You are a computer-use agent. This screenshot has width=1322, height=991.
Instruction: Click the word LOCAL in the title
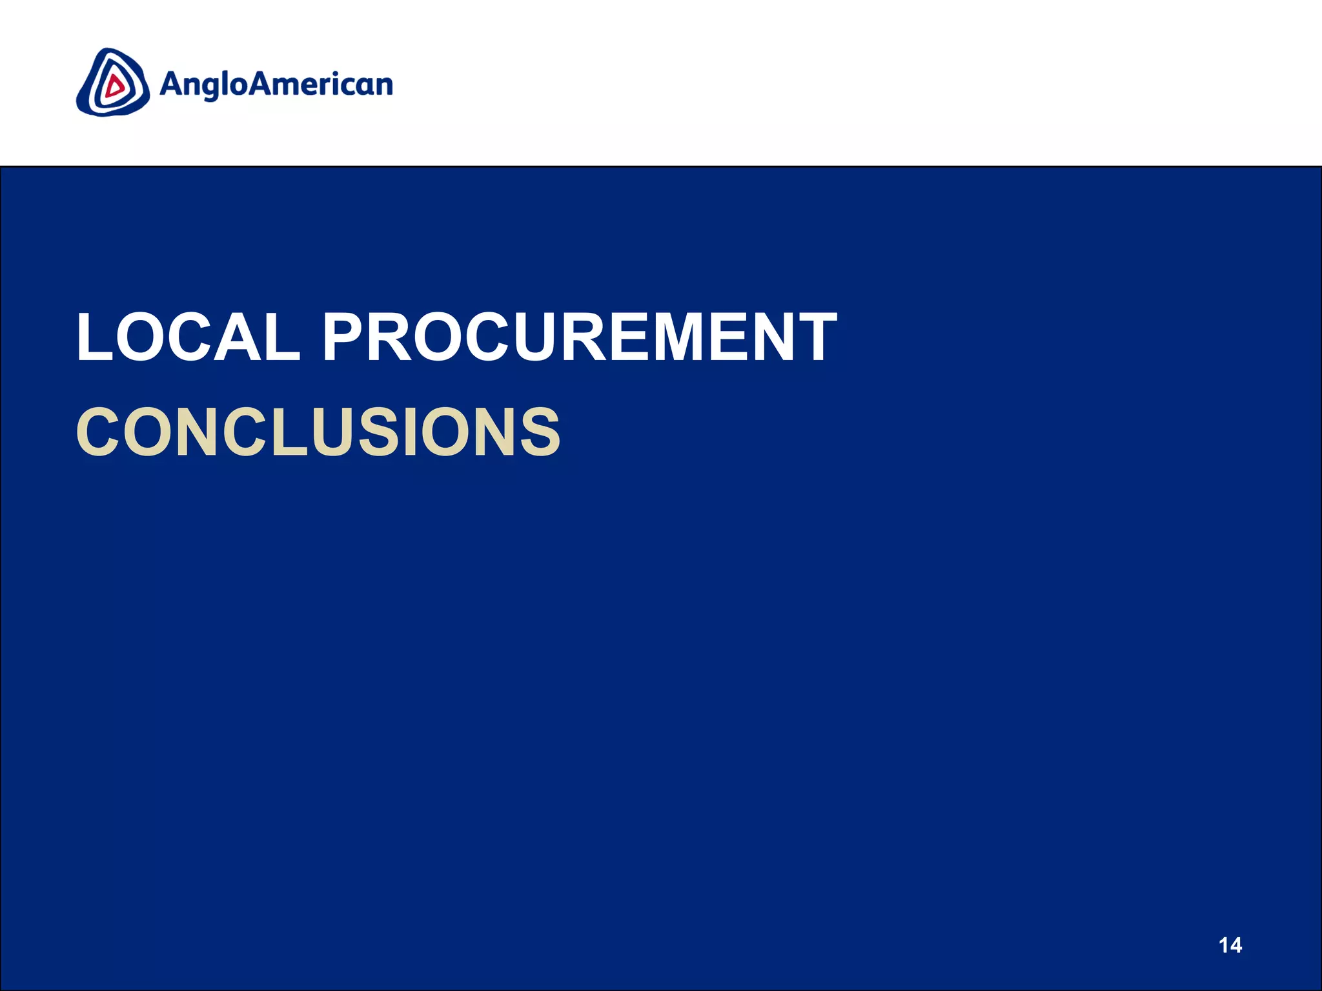[188, 336]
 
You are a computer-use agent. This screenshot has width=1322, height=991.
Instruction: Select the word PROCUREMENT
[579, 336]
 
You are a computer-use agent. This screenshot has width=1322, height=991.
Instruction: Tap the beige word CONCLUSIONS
[318, 432]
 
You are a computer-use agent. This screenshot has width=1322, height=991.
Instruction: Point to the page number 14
[1230, 945]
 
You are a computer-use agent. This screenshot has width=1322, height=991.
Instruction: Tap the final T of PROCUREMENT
[814, 336]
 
